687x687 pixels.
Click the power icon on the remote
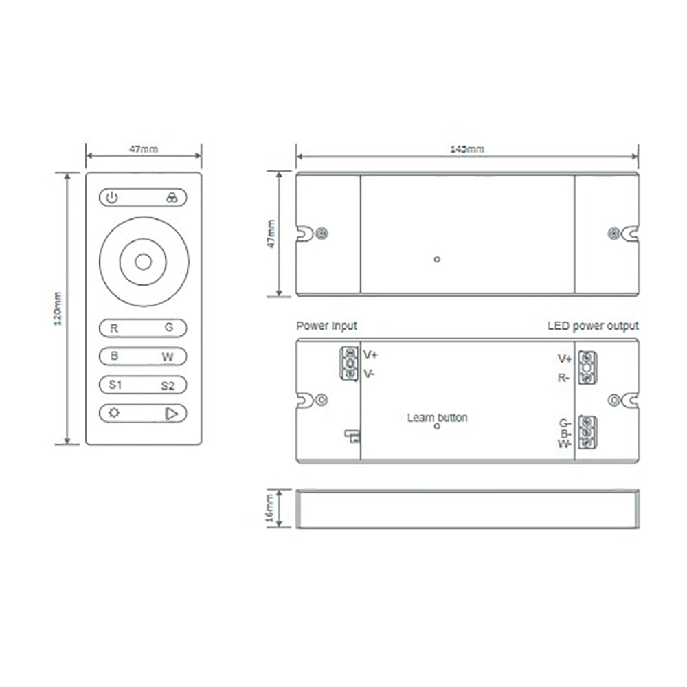(112, 198)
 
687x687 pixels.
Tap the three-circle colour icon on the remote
(172, 197)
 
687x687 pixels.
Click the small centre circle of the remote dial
(144, 262)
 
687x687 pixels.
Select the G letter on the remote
(169, 327)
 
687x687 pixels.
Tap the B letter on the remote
(114, 356)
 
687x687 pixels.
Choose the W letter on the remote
(168, 357)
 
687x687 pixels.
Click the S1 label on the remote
(115, 385)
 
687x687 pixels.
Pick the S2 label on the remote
(168, 386)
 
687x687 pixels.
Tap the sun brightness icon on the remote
(114, 413)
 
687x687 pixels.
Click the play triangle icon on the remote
(171, 414)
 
